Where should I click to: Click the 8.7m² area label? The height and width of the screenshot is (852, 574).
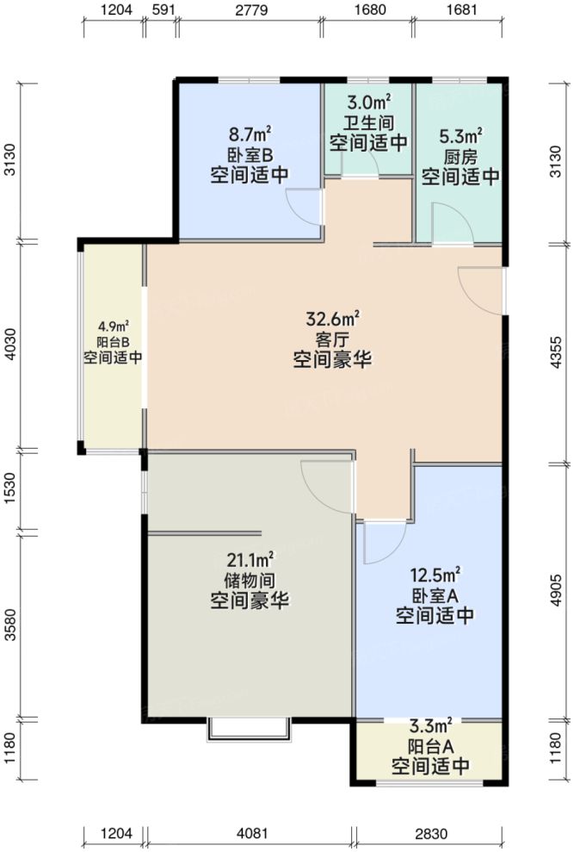pos(250,135)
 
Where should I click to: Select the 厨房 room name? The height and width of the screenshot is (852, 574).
pos(460,157)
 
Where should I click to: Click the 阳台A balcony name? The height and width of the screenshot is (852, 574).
pos(430,745)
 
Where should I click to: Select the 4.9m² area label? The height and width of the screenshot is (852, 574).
pos(114,326)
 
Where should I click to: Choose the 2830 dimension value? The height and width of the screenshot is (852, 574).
pos(429,834)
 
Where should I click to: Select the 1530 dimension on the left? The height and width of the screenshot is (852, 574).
pos(10,491)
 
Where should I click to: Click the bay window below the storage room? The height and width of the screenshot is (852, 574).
pos(248,729)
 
